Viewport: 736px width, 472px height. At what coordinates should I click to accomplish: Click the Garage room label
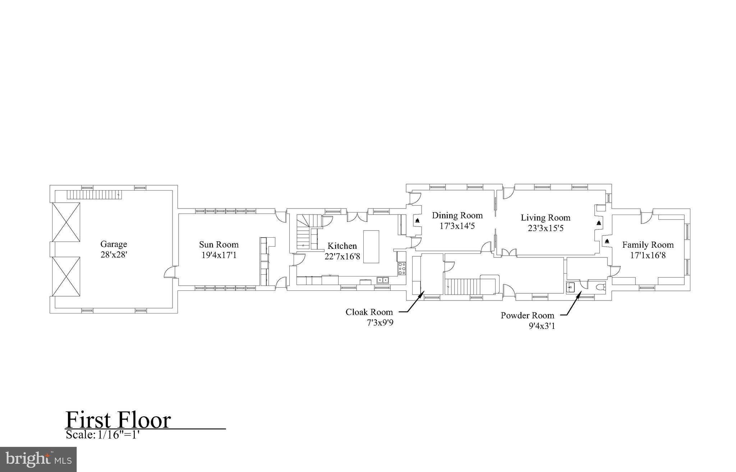pyautogui.click(x=114, y=244)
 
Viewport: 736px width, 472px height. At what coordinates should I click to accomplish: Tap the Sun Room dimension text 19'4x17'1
pyautogui.click(x=218, y=256)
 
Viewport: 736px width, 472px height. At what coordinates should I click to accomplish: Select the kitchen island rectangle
pyautogui.click(x=371, y=247)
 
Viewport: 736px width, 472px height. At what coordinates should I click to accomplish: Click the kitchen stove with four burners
pyautogui.click(x=402, y=269)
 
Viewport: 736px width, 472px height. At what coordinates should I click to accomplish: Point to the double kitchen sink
pyautogui.click(x=382, y=280)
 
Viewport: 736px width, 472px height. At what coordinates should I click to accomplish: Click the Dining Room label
pyautogui.click(x=457, y=215)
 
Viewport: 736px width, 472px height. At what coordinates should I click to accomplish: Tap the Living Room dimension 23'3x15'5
pyautogui.click(x=546, y=228)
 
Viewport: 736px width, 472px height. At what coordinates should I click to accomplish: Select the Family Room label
pyautogui.click(x=648, y=245)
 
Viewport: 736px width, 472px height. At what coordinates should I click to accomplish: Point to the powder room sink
pyautogui.click(x=571, y=287)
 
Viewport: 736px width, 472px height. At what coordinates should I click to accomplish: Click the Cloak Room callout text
pyautogui.click(x=369, y=312)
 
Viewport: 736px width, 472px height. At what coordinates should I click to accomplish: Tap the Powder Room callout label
pyautogui.click(x=527, y=316)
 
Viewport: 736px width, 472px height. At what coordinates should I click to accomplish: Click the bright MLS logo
pyautogui.click(x=38, y=459)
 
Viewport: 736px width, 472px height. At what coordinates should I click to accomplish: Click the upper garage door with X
pyautogui.click(x=66, y=222)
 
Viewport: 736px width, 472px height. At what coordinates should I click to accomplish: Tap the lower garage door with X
pyautogui.click(x=66, y=276)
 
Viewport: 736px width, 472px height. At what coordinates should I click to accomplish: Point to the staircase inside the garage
pyautogui.click(x=95, y=195)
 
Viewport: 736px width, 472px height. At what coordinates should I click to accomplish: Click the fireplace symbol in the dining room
pyautogui.click(x=417, y=221)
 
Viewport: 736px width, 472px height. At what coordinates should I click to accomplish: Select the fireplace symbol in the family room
pyautogui.click(x=607, y=241)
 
